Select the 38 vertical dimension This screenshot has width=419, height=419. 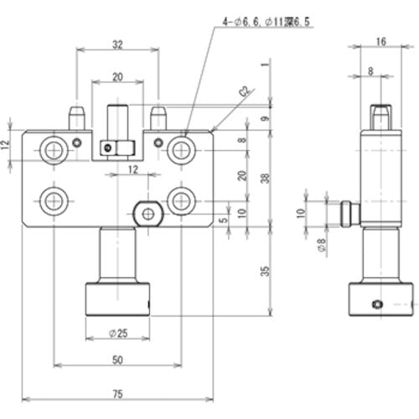pos(263,178)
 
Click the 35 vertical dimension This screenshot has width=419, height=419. pos(263,270)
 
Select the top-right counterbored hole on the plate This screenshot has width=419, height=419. pos(179,150)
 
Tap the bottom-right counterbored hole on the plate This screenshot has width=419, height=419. pos(179,200)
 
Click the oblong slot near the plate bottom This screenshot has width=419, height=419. pos(148,213)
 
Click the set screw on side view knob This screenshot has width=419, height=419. pos(377,303)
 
